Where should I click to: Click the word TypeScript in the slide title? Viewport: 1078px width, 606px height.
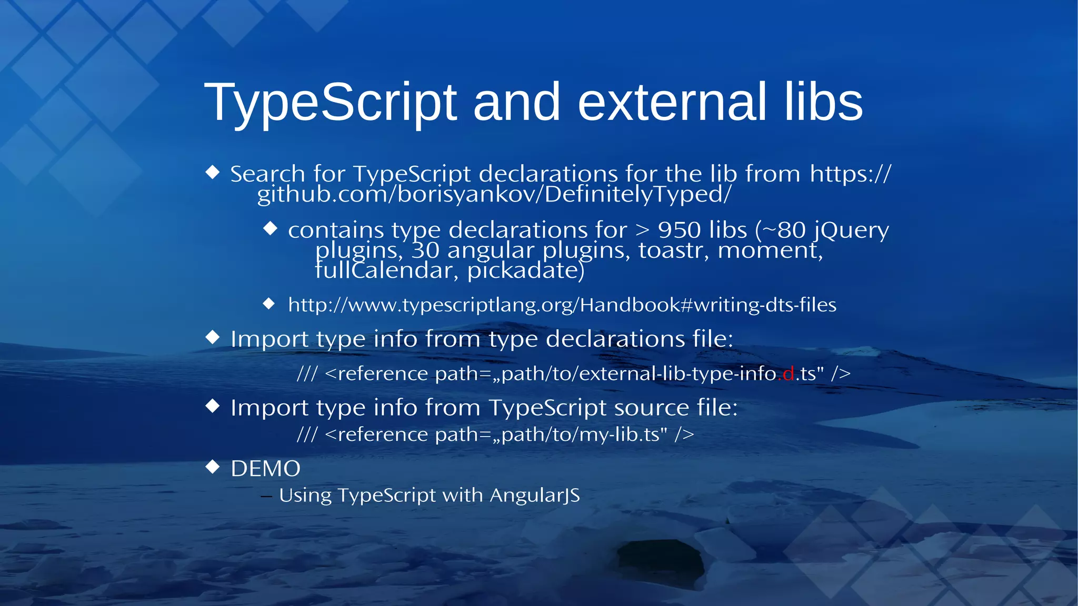pos(330,103)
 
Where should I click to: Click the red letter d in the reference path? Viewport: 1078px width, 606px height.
pos(788,374)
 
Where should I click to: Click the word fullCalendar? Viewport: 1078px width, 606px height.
pos(383,270)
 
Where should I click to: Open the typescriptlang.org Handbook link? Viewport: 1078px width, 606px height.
pos(562,305)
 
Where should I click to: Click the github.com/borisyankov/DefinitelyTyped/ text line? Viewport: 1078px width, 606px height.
pos(494,194)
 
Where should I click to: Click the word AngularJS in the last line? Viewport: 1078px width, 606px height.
pos(534,496)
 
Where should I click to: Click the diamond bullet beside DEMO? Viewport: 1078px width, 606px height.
pos(213,467)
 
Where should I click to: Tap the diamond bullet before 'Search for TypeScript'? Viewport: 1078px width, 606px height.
pos(213,172)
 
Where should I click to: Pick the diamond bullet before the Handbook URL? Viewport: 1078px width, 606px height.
pos(269,304)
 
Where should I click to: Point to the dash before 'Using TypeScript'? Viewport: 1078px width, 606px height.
pos(266,496)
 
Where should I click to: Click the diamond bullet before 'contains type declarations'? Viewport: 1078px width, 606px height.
pos(270,228)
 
